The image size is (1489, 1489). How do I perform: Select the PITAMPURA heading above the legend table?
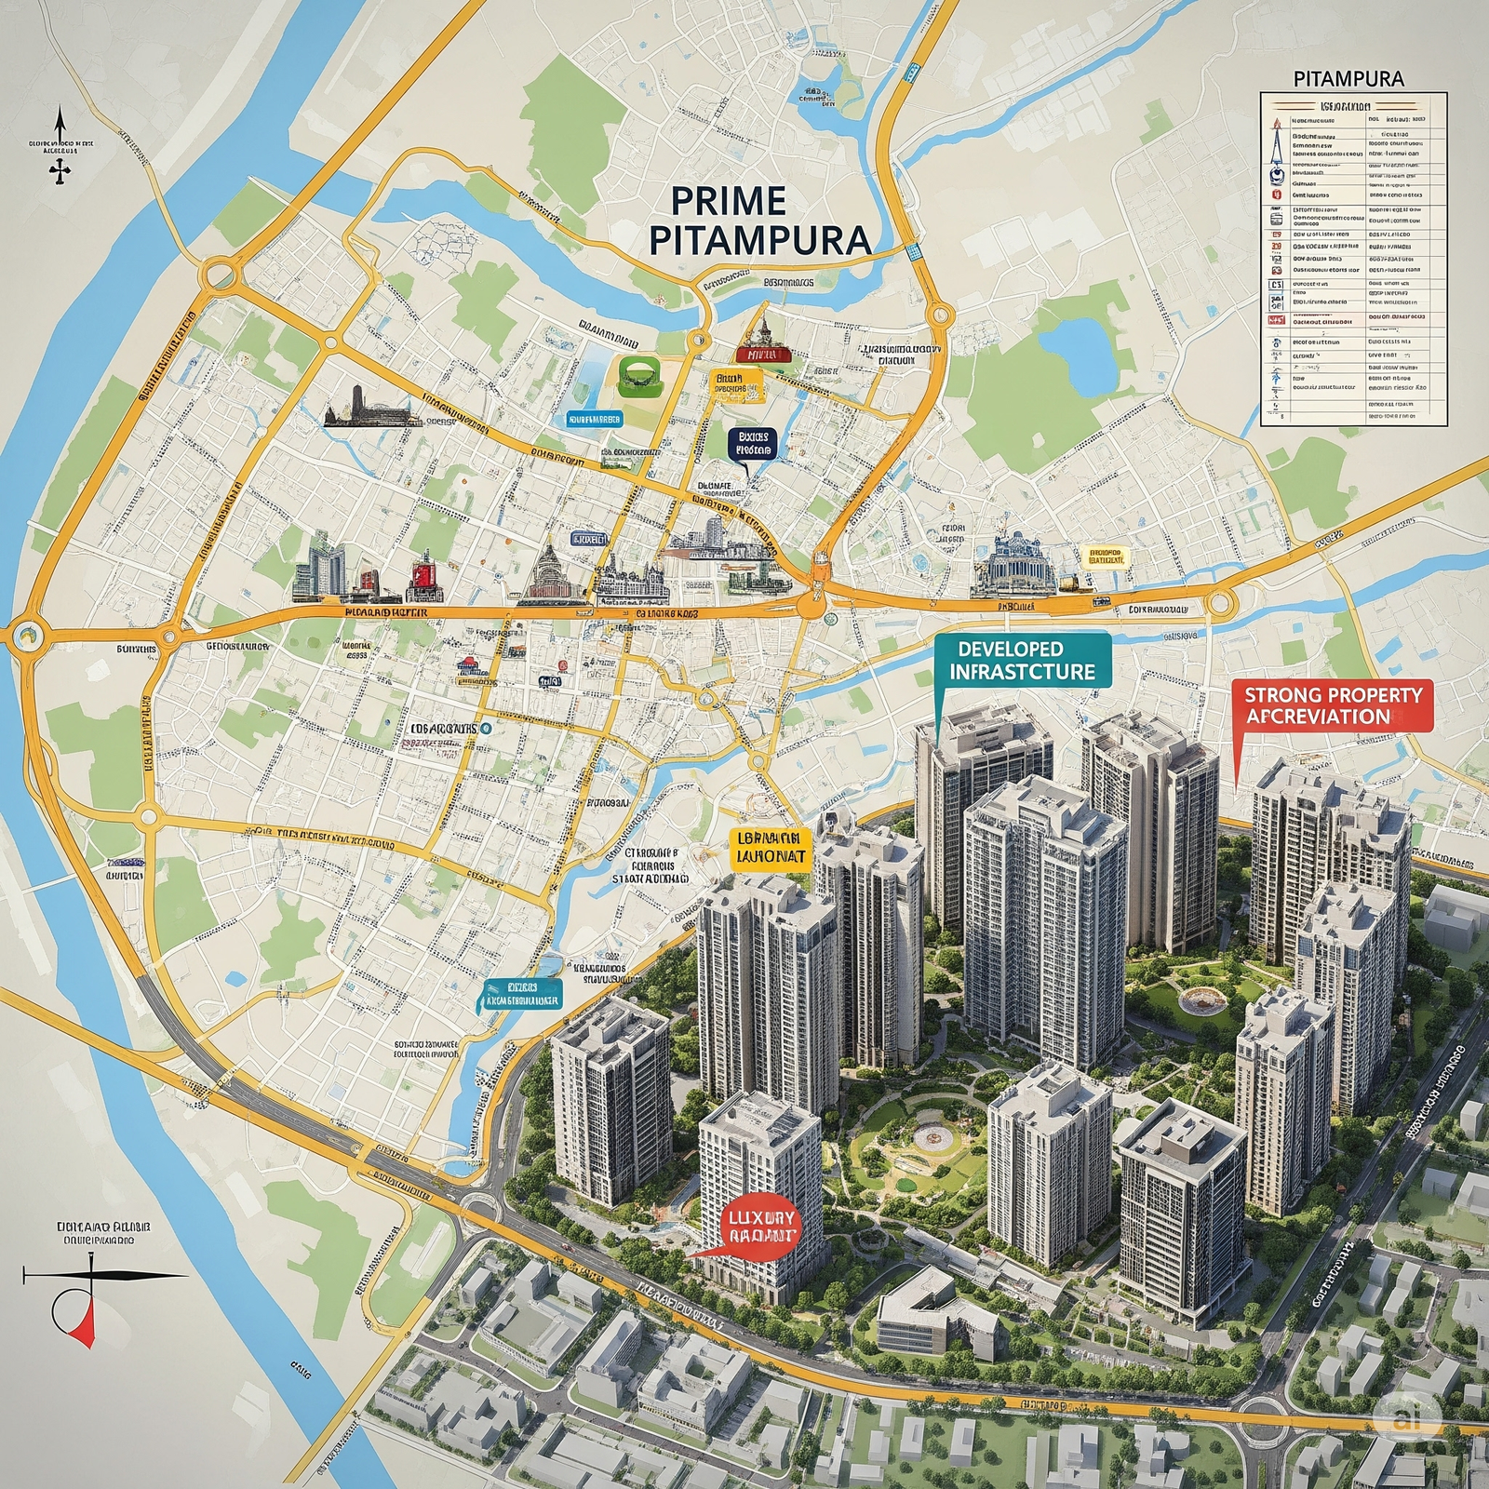point(1348,78)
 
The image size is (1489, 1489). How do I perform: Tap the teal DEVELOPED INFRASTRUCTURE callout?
point(1021,660)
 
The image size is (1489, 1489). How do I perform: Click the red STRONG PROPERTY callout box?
point(1332,705)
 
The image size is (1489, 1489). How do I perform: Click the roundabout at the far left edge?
point(25,636)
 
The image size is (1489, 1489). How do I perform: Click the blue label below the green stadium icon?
point(594,419)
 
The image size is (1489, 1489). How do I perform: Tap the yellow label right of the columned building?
point(1104,557)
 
